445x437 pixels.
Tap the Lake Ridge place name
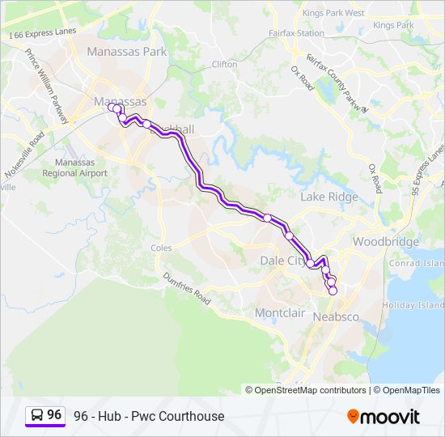click(328, 197)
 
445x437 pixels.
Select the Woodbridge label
click(386, 242)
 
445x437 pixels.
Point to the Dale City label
click(283, 261)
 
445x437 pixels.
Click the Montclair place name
click(280, 312)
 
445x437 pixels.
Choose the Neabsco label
click(335, 316)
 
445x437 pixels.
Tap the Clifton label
click(224, 64)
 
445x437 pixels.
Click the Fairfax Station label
click(296, 34)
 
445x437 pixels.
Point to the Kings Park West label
click(333, 13)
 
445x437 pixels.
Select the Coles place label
click(161, 248)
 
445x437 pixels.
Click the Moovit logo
click(384, 417)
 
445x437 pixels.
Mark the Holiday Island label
click(413, 305)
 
